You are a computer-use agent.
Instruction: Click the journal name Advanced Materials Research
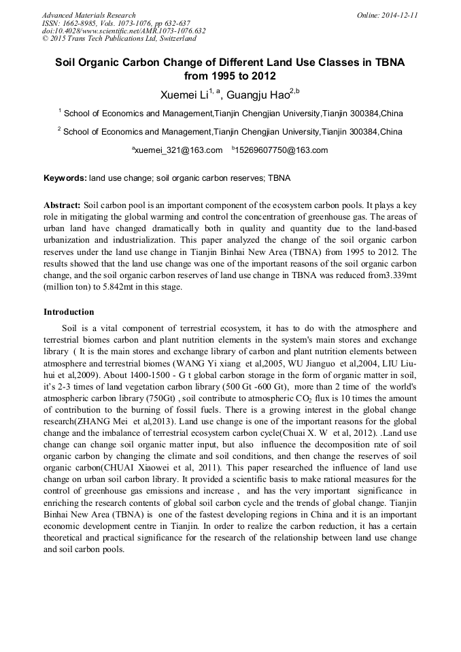tap(88, 15)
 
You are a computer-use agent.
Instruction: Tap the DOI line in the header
tap(124, 31)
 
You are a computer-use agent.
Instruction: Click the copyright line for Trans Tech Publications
tap(119, 39)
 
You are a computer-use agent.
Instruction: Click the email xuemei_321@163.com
tap(177, 150)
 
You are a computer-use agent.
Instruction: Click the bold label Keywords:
tap(65, 179)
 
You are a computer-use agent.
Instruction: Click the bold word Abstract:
tap(62, 205)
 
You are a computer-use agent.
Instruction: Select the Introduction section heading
tap(69, 312)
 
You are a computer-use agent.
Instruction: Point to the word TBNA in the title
tap(389, 62)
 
